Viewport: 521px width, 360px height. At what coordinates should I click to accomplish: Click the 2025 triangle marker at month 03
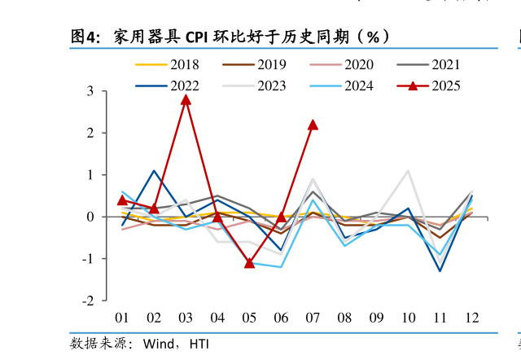pos(186,99)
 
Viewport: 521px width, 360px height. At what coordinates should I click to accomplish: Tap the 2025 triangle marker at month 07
pos(313,125)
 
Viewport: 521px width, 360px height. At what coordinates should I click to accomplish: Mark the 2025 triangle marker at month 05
pos(249,262)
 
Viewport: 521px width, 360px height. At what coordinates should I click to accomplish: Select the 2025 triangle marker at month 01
pos(122,200)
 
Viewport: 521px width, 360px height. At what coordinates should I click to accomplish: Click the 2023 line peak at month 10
pos(408,171)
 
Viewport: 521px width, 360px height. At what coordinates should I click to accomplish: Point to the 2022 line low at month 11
pos(440,270)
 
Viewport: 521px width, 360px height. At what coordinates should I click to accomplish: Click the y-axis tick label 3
pos(91,91)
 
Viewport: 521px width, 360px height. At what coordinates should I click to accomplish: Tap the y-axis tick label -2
pos(89,301)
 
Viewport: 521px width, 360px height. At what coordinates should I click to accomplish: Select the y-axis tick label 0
pos(91,217)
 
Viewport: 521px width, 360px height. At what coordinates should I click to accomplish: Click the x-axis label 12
pos(472,318)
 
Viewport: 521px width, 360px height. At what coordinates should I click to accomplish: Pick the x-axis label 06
pos(281,318)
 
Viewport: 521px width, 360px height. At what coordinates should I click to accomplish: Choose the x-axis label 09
pos(376,318)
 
